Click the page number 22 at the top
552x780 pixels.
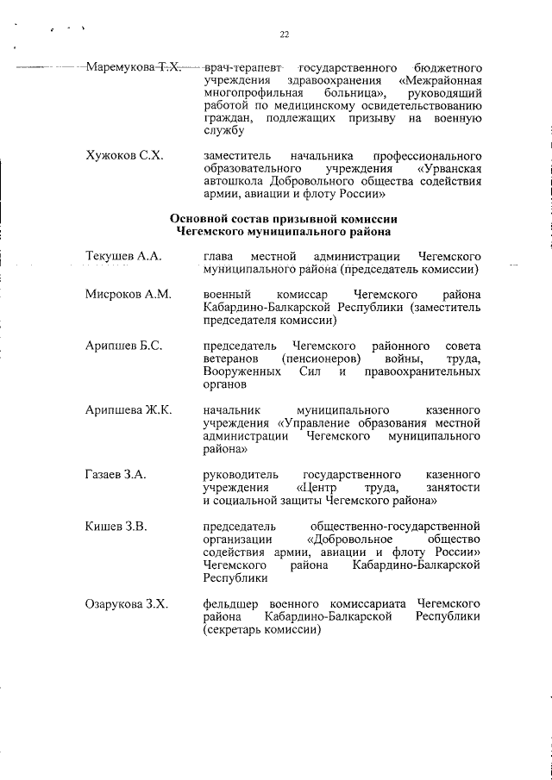click(284, 34)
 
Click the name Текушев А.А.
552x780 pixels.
click(122, 257)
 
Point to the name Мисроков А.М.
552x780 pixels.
click(129, 296)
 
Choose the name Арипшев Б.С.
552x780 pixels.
click(125, 346)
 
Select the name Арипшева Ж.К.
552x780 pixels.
click(129, 410)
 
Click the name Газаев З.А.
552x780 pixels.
click(116, 475)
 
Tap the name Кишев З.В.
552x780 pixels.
click(116, 526)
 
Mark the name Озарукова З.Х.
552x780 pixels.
click(127, 604)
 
